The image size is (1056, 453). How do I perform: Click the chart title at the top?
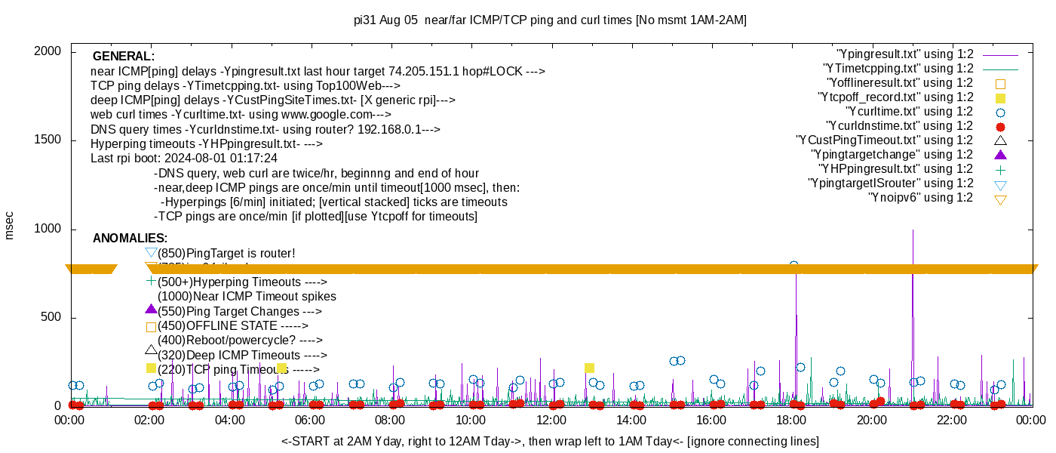550,20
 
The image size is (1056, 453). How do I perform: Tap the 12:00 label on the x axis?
551,421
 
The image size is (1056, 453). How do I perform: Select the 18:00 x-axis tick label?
791,421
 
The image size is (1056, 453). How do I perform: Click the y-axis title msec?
10,225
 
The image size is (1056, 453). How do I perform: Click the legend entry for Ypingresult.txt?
905,54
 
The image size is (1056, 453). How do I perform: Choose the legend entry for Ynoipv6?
920,198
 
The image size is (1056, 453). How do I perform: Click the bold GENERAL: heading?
124,57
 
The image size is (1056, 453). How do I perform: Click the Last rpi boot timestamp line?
184,159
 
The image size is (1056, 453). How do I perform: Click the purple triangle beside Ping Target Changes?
151,309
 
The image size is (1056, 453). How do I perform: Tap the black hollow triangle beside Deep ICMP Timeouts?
151,350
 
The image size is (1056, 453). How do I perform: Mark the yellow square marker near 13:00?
589,368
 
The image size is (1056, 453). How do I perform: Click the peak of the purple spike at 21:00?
913,230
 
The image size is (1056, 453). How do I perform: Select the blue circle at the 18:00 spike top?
794,265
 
